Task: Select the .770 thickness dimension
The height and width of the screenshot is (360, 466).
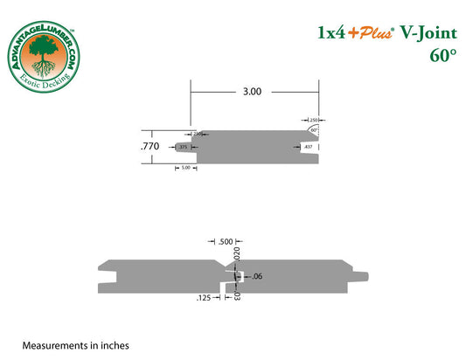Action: tap(151, 148)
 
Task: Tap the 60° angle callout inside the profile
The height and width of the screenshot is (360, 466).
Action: tap(313, 129)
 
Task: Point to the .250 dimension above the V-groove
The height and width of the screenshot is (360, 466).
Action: tap(311, 119)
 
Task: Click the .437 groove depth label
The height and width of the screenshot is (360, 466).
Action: tap(309, 148)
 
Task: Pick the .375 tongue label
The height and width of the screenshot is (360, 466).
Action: tap(183, 148)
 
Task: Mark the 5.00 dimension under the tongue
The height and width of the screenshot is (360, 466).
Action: tap(185, 167)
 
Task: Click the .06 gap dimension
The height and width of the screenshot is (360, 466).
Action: tap(256, 277)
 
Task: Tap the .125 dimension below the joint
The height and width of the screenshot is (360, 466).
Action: tap(204, 298)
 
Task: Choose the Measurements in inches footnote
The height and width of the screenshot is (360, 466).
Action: tap(76, 345)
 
